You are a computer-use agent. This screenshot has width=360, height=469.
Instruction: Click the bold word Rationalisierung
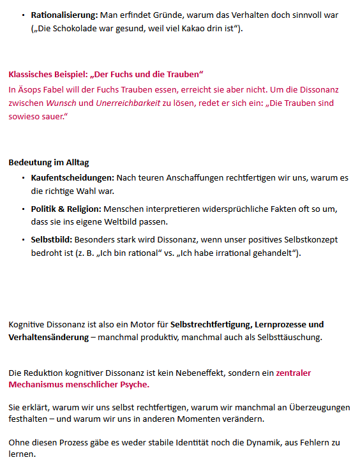pyautogui.click(x=64, y=14)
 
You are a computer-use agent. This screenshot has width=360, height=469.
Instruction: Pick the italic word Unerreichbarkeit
pyautogui.click(x=128, y=103)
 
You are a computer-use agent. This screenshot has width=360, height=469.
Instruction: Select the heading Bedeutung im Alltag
pyautogui.click(x=49, y=163)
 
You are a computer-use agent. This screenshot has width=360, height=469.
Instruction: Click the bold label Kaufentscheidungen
pyautogui.click(x=72, y=177)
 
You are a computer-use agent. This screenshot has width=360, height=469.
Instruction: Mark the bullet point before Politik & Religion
pyautogui.click(x=23, y=209)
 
